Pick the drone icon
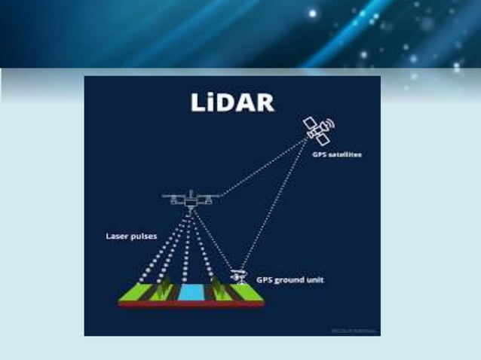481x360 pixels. (x=191, y=200)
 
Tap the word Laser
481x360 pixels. (x=118, y=236)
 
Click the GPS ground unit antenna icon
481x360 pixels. (x=240, y=276)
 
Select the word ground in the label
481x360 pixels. (x=290, y=279)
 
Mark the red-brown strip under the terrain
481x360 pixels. (x=192, y=304)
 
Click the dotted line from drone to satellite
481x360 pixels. (x=264, y=169)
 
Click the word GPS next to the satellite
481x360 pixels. (x=320, y=154)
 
